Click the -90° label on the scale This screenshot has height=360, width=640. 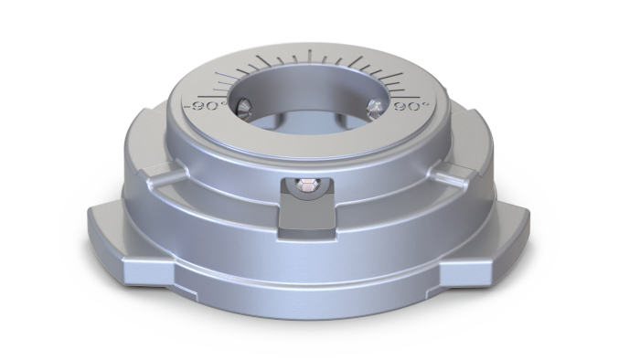tap(201, 107)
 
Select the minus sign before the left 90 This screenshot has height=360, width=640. tap(187, 107)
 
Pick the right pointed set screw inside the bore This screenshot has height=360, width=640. tap(372, 109)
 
